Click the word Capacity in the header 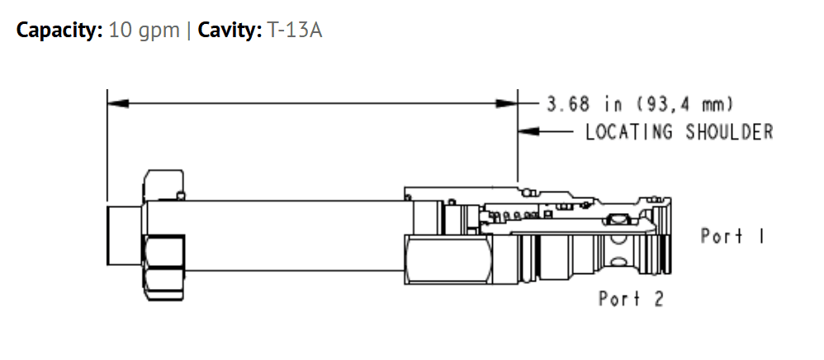(59, 31)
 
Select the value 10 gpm (144, 31)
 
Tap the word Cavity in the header (230, 31)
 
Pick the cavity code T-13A (295, 31)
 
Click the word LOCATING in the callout (628, 132)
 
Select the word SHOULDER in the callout (729, 132)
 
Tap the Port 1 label (732, 236)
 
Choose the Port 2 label (631, 299)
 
